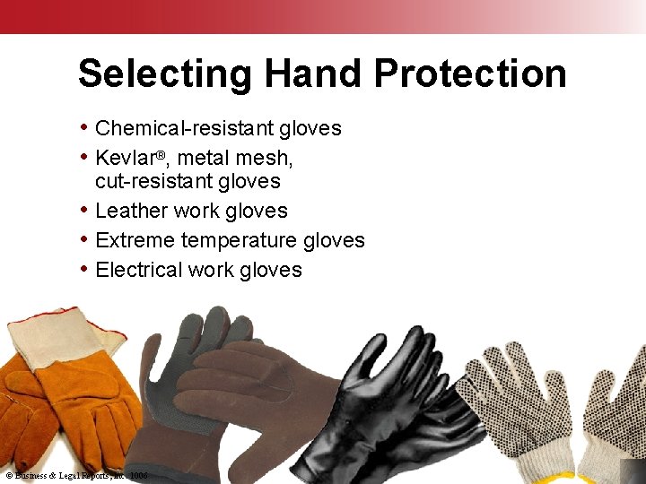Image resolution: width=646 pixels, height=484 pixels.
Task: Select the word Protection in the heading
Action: [x=470, y=73]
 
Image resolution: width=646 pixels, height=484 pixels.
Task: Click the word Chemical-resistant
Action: [x=184, y=128]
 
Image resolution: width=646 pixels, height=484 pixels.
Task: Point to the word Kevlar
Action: [x=125, y=158]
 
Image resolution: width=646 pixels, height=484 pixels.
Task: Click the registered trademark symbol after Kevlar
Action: [x=161, y=154]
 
